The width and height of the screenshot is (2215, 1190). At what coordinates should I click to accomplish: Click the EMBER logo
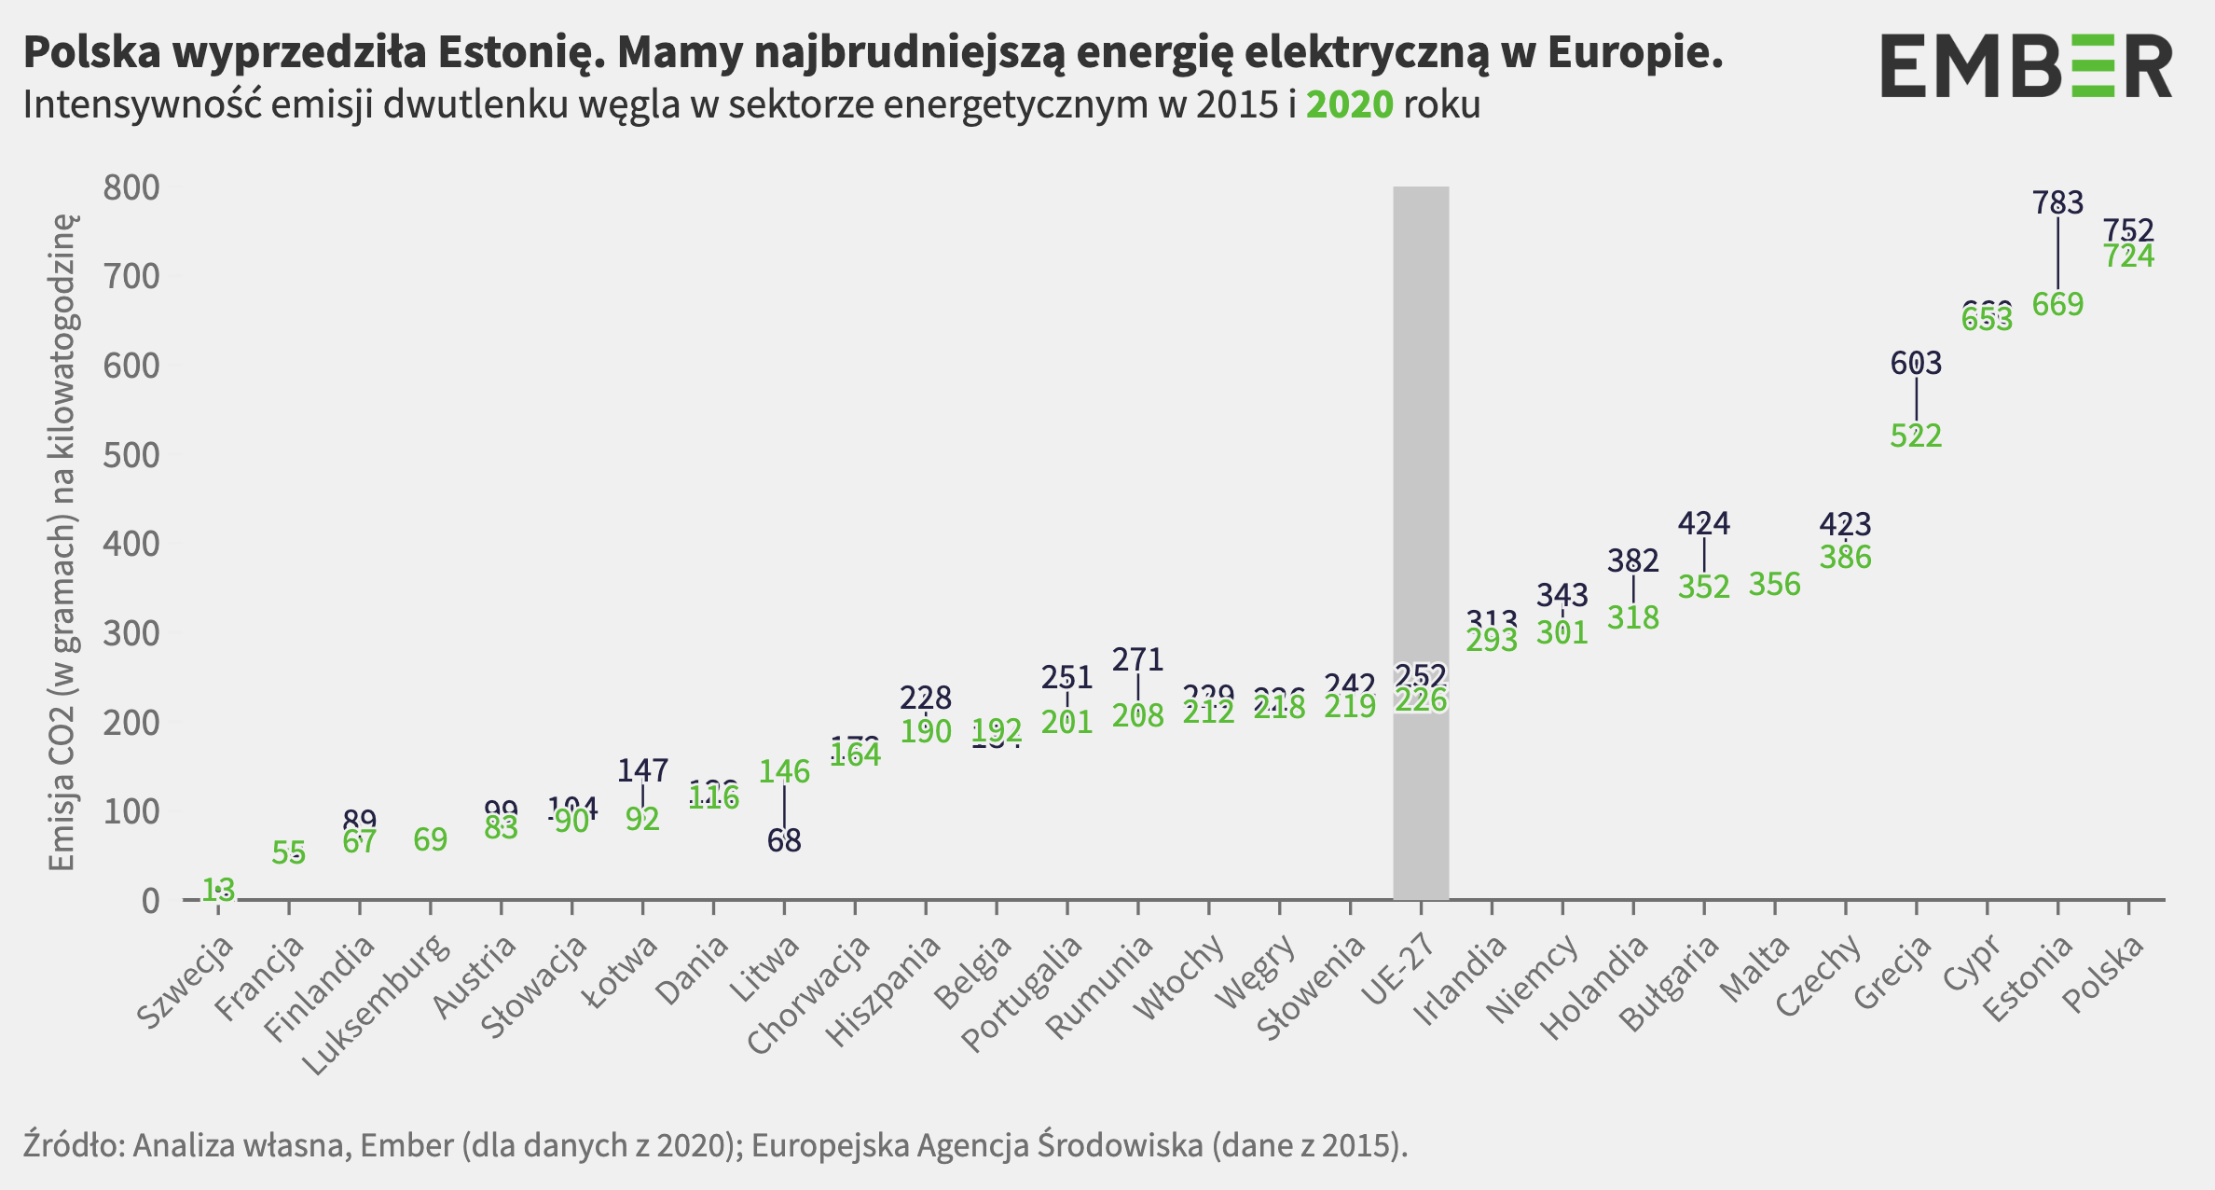pos(2026,65)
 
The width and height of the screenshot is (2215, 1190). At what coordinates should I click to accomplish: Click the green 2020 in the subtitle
pos(1349,105)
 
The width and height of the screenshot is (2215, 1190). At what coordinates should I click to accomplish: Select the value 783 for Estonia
pos(2057,202)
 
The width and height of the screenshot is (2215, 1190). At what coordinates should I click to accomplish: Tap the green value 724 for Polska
pos(2129,256)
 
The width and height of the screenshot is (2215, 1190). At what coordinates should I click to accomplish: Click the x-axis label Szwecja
pos(186,981)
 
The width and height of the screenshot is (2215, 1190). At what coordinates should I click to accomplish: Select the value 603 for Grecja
pos(1916,363)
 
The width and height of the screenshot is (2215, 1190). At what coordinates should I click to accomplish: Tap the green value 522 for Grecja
pos(1916,436)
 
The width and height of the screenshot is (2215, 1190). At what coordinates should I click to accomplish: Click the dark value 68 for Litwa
pos(784,841)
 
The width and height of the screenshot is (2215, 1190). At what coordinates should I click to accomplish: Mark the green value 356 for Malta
pos(1774,585)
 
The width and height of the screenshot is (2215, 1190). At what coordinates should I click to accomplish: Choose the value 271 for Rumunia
pos(1137,660)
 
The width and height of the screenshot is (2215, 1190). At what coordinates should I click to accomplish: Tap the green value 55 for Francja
pos(289,852)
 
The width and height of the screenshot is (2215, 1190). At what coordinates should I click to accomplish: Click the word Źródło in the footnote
pos(73,1145)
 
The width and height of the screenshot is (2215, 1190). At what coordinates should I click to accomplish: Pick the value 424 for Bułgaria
pos(1703,524)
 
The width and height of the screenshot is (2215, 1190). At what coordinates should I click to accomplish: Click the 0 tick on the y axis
pos(150,901)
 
